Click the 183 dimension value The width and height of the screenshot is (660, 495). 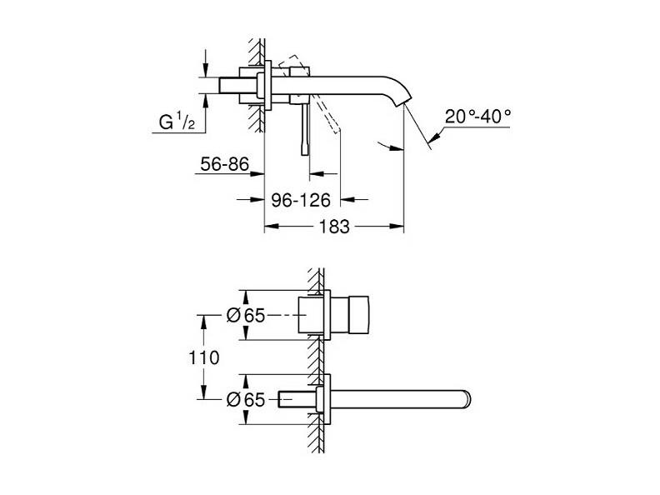(x=334, y=227)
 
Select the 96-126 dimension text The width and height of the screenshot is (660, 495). (x=301, y=200)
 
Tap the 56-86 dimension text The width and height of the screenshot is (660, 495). (x=224, y=164)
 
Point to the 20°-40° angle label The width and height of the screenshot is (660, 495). (x=477, y=116)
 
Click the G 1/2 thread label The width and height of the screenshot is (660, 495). (x=177, y=122)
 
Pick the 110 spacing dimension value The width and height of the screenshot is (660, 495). (x=203, y=357)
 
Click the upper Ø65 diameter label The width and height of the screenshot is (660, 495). (x=246, y=315)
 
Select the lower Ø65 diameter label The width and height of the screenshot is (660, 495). (x=246, y=399)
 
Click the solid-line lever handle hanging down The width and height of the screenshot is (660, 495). (x=305, y=129)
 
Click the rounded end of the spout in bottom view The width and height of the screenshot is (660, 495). (x=467, y=399)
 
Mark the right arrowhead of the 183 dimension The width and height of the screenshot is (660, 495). (x=397, y=227)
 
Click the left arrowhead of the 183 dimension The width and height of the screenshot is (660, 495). (x=272, y=227)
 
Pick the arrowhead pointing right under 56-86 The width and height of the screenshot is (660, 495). (x=257, y=173)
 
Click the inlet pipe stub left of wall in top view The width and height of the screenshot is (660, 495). (x=237, y=85)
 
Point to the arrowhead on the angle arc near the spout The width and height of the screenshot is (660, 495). (x=397, y=147)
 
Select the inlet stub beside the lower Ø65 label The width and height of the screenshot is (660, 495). (x=297, y=399)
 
